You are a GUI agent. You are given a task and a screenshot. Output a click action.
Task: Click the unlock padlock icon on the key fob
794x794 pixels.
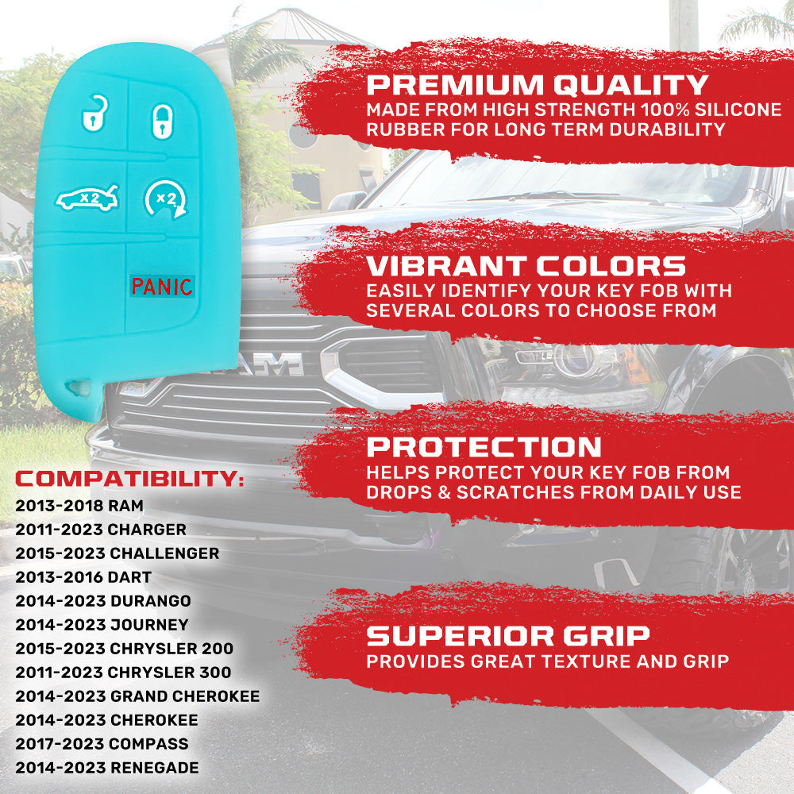point(94,114)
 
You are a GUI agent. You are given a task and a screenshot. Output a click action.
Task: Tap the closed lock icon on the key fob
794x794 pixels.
point(163,121)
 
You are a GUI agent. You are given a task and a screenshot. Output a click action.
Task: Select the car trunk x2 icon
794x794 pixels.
point(87,198)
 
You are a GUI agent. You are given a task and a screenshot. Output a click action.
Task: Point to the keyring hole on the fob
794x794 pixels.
point(79,388)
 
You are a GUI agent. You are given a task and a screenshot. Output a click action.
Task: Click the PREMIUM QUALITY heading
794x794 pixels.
point(538,85)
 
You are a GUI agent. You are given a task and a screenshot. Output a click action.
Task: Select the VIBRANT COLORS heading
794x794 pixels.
point(526,266)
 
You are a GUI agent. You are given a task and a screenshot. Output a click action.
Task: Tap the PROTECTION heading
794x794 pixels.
point(484,446)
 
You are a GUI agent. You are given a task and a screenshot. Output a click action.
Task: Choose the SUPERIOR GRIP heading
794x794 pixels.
point(508,635)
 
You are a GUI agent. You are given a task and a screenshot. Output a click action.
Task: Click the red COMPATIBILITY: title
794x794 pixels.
point(129,479)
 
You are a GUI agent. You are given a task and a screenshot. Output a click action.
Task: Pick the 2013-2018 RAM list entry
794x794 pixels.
point(79,505)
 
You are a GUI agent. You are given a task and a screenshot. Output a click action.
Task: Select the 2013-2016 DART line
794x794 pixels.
point(83,576)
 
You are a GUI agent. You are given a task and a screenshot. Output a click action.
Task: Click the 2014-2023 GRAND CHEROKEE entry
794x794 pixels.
point(137,696)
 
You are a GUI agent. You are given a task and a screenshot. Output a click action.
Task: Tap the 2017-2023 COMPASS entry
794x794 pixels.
point(102,743)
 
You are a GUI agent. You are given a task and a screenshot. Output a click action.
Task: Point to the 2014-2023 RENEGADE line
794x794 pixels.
point(107,767)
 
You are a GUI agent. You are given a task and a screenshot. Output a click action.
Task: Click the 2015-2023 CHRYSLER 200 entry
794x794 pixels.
point(125,648)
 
